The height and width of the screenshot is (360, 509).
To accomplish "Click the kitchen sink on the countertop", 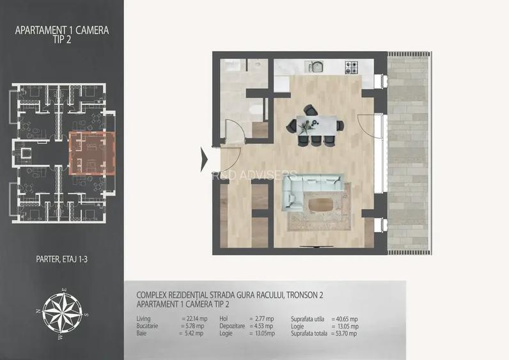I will (314, 65).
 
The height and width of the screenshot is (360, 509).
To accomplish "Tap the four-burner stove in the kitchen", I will (352, 65).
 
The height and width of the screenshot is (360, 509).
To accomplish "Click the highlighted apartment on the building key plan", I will (90, 153).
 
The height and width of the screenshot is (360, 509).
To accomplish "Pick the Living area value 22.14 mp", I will (193, 318).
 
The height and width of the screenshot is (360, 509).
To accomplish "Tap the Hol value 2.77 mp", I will (264, 318).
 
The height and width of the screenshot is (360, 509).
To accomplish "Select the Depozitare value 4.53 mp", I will (264, 325).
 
